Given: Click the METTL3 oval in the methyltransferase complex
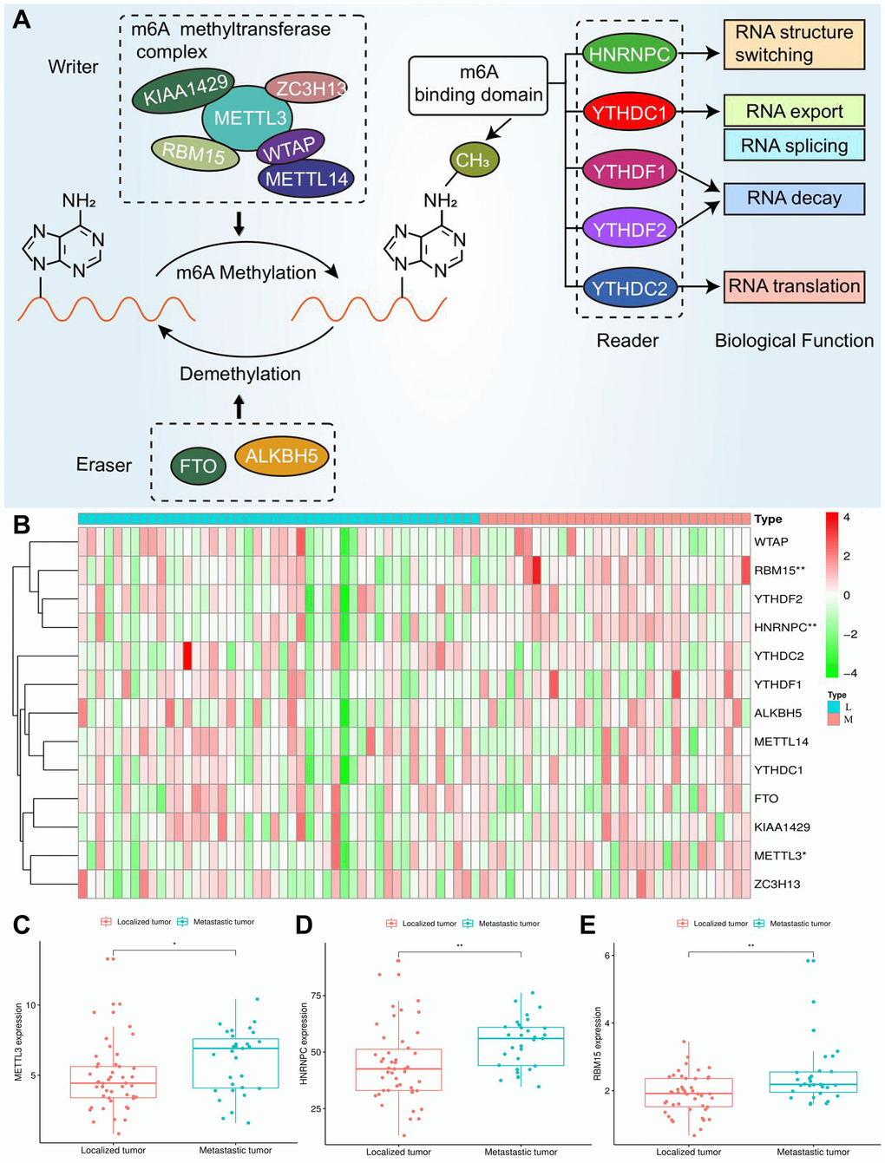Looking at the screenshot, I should tap(247, 118).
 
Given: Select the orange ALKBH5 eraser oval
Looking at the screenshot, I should tap(282, 456).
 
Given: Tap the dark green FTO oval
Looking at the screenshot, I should tap(198, 467).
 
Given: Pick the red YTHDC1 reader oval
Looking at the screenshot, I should tap(629, 112).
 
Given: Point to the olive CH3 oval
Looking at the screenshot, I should tap(473, 160).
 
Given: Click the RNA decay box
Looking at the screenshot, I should tap(794, 198).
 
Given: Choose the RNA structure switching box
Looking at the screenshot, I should tap(794, 44).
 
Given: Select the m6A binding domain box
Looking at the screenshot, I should tap(479, 85).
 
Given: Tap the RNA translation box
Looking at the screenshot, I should tap(794, 286).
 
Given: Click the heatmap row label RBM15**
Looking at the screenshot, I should tap(779, 571).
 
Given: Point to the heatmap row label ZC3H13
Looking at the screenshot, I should tap(777, 885).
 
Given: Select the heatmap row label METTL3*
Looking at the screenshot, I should tap(779, 856).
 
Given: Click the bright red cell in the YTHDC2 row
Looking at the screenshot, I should tap(187, 656).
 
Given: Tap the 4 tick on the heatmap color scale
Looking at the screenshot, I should tap(847, 518).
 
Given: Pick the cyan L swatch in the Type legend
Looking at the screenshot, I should tap(834, 707).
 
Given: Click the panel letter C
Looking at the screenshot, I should tap(22, 925).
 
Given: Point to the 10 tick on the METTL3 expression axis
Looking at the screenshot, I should tap(31, 1005).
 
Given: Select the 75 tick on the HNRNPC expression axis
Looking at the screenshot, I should tap(317, 996).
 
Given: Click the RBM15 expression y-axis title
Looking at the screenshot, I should tap(598, 1043).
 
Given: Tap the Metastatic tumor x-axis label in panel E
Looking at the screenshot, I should tap(813, 1152).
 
